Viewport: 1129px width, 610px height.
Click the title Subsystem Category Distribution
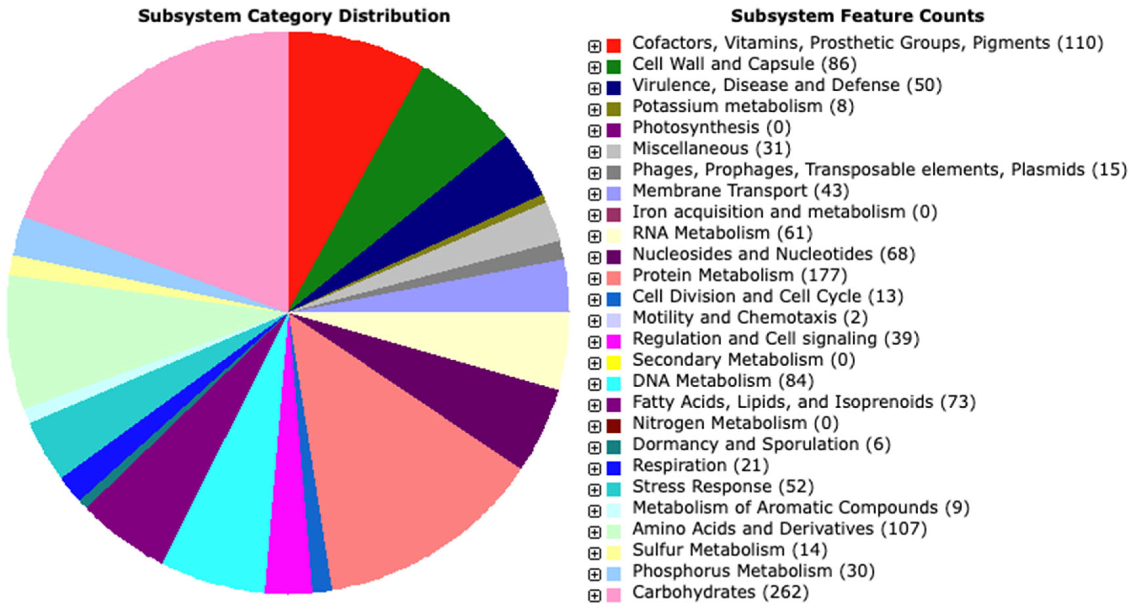pyautogui.click(x=294, y=16)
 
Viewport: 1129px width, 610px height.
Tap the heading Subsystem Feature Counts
pyautogui.click(x=857, y=16)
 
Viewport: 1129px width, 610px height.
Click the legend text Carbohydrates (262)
pyautogui.click(x=720, y=592)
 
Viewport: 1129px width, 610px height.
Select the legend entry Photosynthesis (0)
pyautogui.click(x=711, y=127)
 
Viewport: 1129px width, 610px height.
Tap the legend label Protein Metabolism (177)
pyautogui.click(x=740, y=275)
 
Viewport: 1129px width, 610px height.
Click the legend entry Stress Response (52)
pyautogui.click(x=723, y=486)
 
